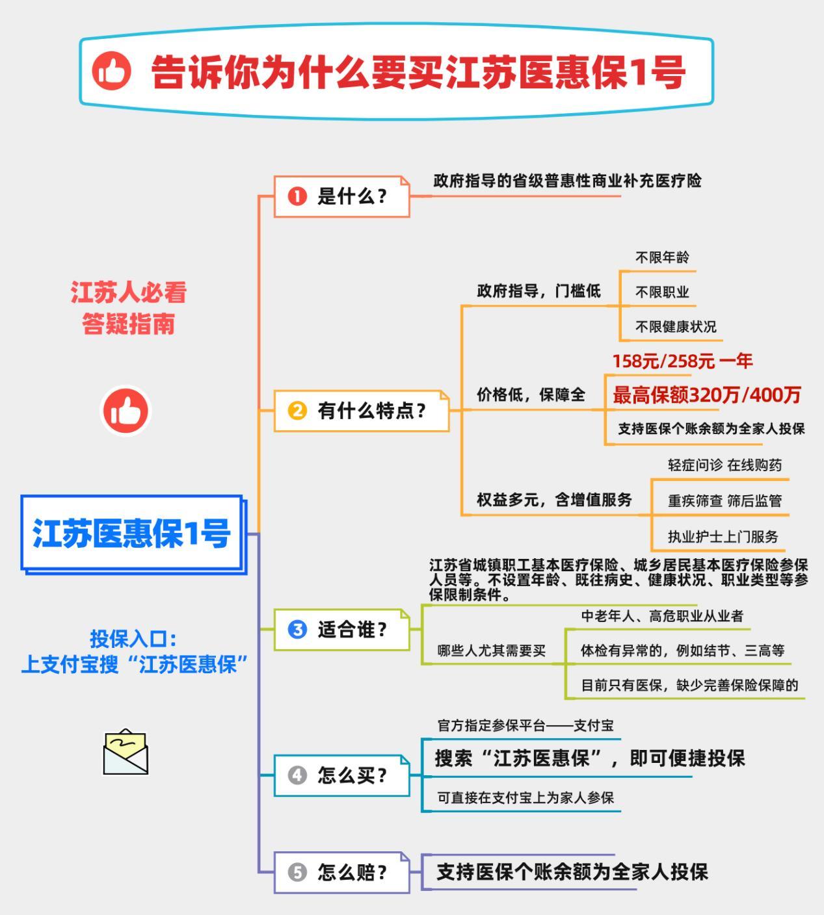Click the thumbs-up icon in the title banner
pyautogui.click(x=111, y=71)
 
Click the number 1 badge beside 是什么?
pyautogui.click(x=297, y=197)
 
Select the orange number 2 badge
pyautogui.click(x=297, y=411)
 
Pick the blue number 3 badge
pyautogui.click(x=297, y=630)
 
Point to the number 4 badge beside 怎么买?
pyautogui.click(x=297, y=775)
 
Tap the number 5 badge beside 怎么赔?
pyautogui.click(x=297, y=872)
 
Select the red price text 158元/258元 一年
pyautogui.click(x=682, y=361)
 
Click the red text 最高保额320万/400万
pyautogui.click(x=706, y=395)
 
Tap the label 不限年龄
pyautogui.click(x=662, y=258)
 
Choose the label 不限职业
pyautogui.click(x=662, y=292)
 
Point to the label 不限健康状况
pyautogui.click(x=676, y=327)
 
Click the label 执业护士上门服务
pyautogui.click(x=723, y=536)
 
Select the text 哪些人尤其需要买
pyautogui.click(x=492, y=651)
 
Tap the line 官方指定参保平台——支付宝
pyautogui.click(x=525, y=725)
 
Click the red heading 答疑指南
pyautogui.click(x=128, y=324)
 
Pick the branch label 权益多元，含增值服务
pyautogui.click(x=554, y=500)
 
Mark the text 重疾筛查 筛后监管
pyautogui.click(x=725, y=501)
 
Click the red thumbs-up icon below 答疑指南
pyautogui.click(x=126, y=411)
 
